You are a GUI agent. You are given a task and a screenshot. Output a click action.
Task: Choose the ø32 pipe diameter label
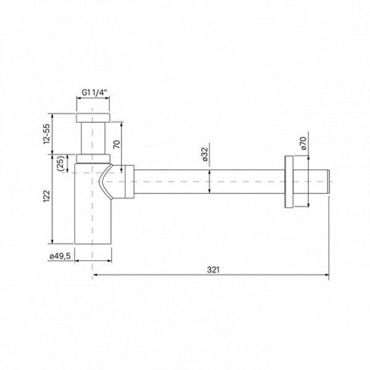click(205, 155)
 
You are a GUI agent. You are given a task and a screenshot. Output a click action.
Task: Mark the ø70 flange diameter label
click(302, 143)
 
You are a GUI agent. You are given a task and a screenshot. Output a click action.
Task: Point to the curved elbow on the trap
click(108, 182)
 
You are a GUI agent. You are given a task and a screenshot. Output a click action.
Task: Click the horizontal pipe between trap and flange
click(210, 182)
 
